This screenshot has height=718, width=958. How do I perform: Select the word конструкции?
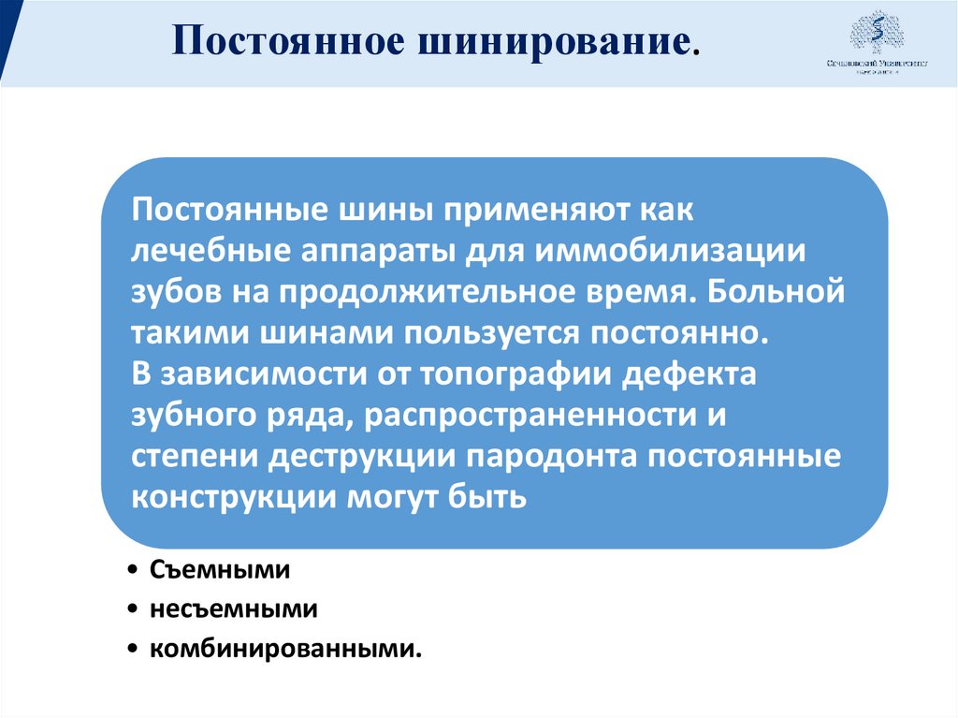234,496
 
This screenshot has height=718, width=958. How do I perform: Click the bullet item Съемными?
218,568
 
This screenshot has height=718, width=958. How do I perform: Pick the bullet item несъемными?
233,608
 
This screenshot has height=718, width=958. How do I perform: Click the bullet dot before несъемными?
135,609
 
